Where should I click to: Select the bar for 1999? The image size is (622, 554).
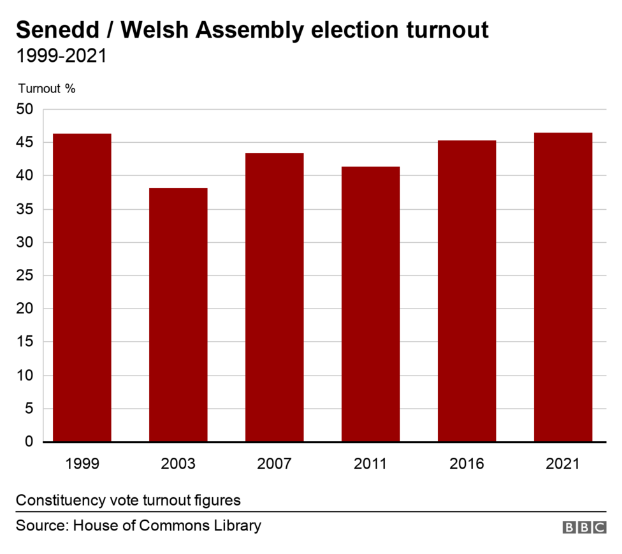click(82, 288)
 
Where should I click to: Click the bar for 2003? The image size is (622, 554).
click(178, 315)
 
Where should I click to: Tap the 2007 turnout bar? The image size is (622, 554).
click(275, 297)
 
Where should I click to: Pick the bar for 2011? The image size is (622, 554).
click(370, 304)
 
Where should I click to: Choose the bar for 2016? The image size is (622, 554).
click(466, 291)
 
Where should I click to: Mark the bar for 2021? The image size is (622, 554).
click(563, 287)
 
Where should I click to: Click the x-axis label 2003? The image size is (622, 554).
click(178, 463)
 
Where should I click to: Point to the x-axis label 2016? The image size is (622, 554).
click(466, 463)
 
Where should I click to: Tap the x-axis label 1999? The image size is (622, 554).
click(82, 463)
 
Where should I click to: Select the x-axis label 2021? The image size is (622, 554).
click(563, 463)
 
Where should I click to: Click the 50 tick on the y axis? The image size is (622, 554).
click(25, 110)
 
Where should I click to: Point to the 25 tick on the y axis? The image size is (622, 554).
click(25, 275)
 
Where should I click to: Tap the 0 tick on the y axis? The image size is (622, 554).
click(29, 441)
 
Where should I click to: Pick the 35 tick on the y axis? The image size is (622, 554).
click(25, 209)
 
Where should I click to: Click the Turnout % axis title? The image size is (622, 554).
click(47, 89)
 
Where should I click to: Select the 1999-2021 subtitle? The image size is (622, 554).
click(61, 56)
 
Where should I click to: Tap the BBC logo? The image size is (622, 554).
click(584, 527)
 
